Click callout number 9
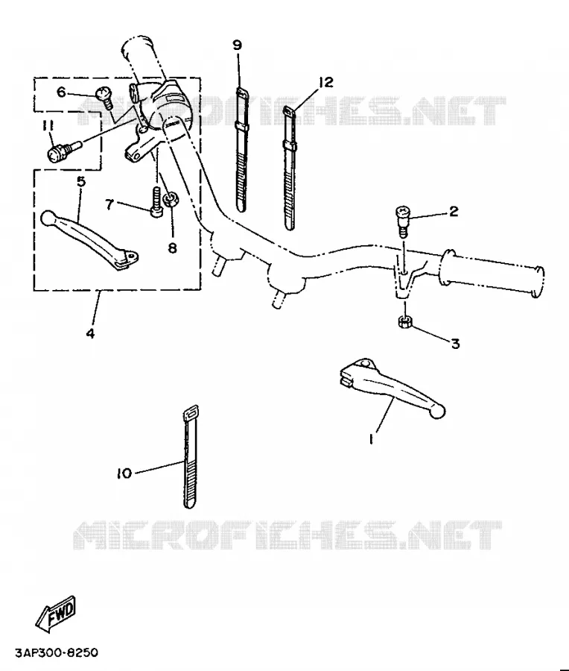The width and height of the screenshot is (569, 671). point(238,45)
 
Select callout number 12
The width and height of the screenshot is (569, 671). point(325,81)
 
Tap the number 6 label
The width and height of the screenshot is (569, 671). point(62,92)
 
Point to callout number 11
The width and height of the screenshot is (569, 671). point(48,126)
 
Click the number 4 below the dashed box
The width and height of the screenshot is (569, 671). point(90,333)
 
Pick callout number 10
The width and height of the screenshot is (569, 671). point(124,474)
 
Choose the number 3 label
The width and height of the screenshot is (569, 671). point(455,343)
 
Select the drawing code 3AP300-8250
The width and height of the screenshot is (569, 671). point(57,652)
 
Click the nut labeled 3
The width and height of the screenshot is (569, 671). point(404,322)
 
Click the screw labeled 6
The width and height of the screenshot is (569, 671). point(104,98)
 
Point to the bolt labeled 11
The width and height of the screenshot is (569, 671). point(63,152)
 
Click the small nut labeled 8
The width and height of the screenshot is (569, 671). point(171,199)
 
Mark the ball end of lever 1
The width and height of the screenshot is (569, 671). point(438,412)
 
